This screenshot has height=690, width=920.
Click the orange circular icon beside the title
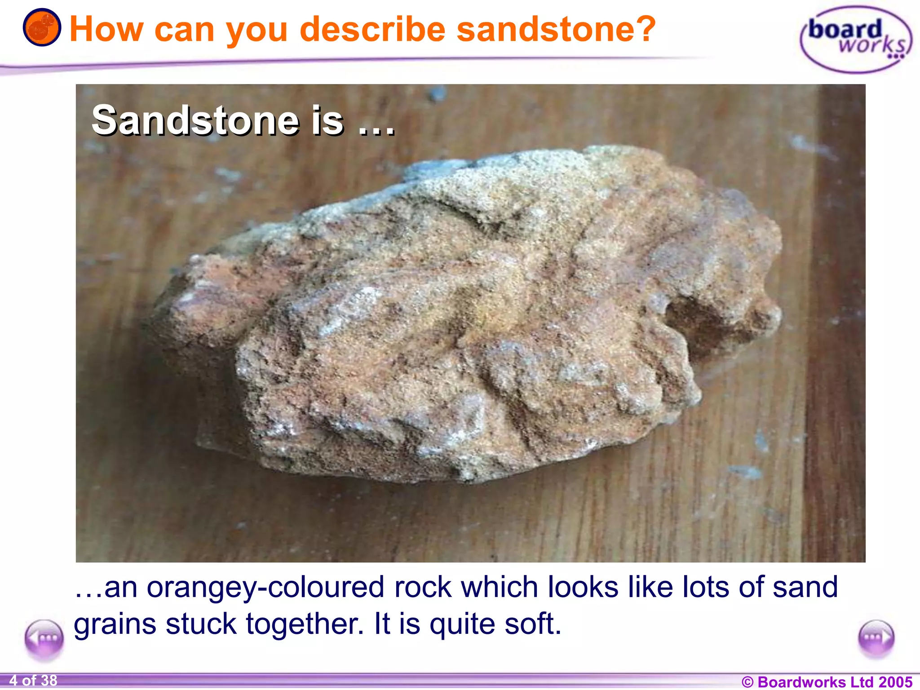(42, 27)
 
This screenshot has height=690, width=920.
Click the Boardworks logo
(856, 40)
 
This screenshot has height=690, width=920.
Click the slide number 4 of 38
(33, 681)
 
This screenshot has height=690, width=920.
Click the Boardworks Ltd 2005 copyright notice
(827, 682)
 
